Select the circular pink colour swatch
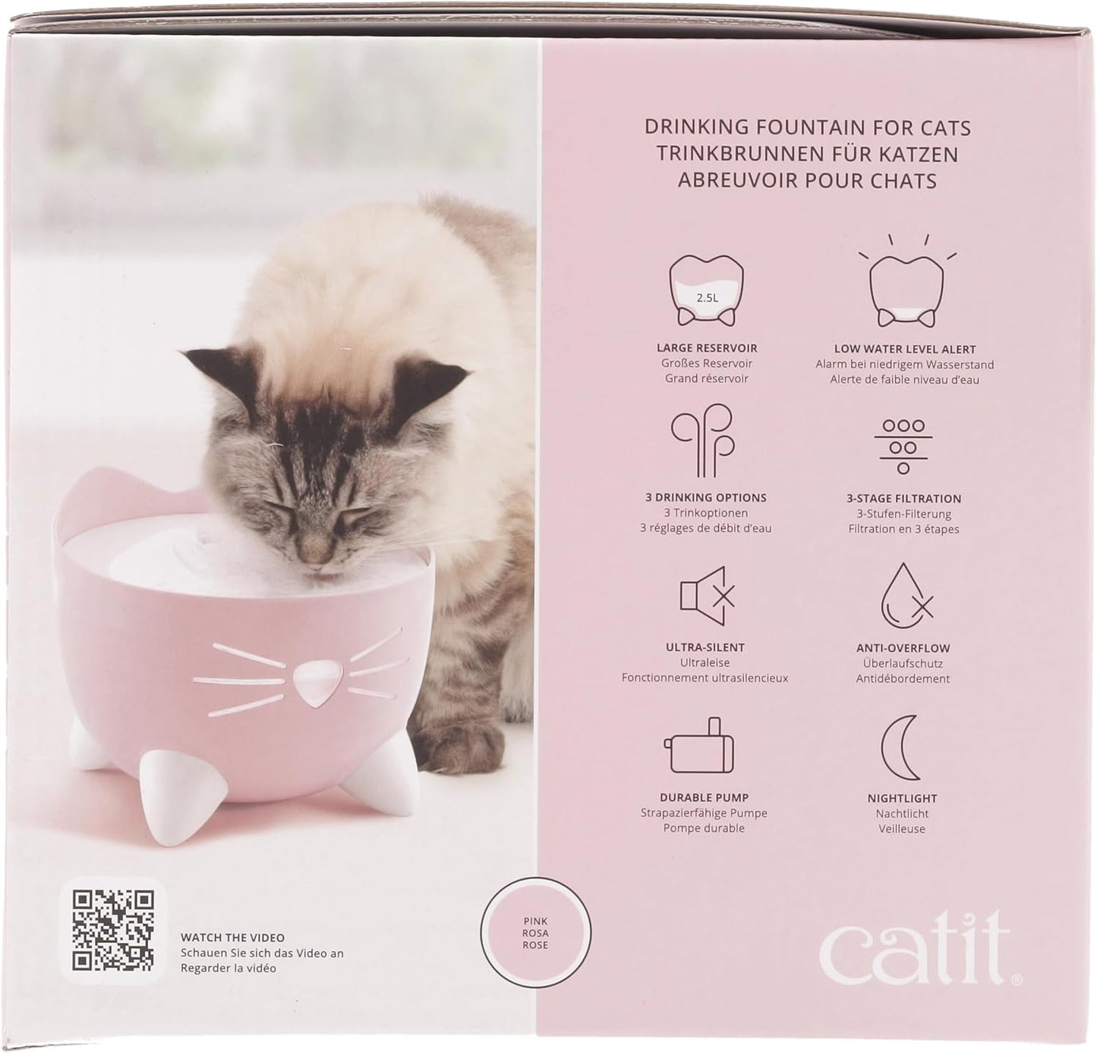click(x=535, y=933)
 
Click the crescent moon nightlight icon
click(x=901, y=748)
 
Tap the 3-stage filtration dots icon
click(x=903, y=446)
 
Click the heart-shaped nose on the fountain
click(x=315, y=680)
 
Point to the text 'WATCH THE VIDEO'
click(x=232, y=938)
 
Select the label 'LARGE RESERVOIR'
click(x=706, y=348)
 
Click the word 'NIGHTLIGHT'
click(x=902, y=798)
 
